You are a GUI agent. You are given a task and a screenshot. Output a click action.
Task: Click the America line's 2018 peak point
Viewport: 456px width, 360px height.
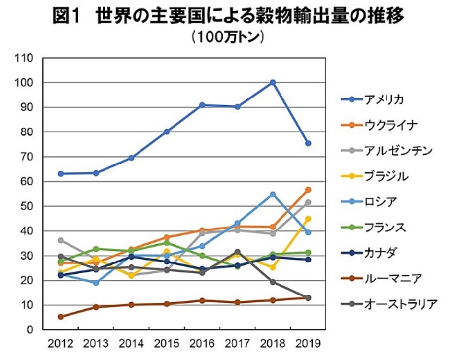[x=273, y=82]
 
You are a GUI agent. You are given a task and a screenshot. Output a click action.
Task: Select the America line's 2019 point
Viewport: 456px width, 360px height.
[x=308, y=143]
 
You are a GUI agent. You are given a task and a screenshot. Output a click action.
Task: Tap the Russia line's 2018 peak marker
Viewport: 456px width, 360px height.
[x=273, y=195]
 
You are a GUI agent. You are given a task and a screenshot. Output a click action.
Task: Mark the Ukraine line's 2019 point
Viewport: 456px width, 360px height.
[x=308, y=190]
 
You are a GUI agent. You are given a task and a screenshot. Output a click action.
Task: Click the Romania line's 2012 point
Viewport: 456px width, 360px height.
[x=61, y=317]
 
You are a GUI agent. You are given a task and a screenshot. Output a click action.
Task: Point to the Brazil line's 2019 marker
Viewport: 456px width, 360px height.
[x=308, y=219]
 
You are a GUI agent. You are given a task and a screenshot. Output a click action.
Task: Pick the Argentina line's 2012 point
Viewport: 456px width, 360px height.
[x=61, y=240]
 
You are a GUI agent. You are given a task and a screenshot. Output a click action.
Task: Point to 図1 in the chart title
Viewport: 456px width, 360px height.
[x=69, y=16]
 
